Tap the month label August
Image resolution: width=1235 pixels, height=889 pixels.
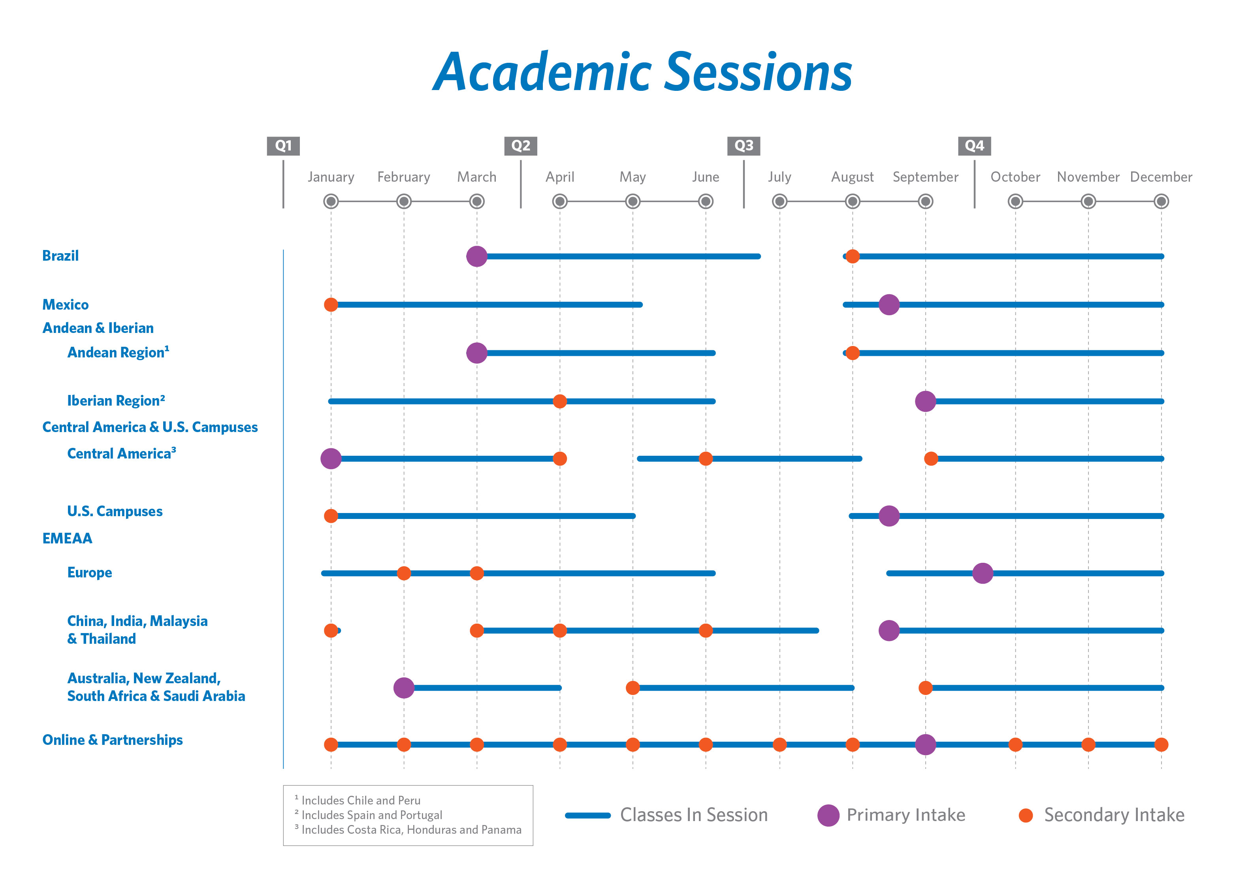[852, 177]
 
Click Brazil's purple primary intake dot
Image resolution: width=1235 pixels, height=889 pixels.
[476, 256]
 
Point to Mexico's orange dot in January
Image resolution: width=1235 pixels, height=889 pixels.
[331, 304]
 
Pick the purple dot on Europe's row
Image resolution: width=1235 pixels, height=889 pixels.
[982, 573]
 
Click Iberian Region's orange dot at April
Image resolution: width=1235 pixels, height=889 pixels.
[559, 401]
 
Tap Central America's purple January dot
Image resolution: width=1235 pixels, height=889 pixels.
[331, 459]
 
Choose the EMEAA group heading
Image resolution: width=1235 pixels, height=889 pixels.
[67, 538]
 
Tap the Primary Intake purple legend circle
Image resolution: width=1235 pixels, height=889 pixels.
[828, 815]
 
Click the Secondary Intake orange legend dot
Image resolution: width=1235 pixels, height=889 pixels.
[1025, 815]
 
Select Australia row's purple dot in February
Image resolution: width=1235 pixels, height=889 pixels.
[403, 688]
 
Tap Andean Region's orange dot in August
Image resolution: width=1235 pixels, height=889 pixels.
[852, 353]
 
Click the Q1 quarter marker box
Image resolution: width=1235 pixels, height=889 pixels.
[283, 146]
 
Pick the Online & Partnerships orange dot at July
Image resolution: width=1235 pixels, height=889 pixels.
[779, 744]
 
